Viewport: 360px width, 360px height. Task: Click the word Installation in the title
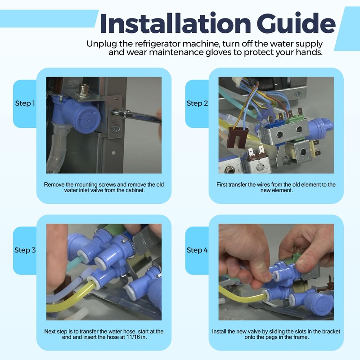tap(175, 24)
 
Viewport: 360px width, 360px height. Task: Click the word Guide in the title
tap(296, 24)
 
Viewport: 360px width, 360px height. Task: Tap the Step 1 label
tap(25, 103)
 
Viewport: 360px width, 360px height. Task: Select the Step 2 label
tap(197, 103)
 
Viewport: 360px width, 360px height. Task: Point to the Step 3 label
tap(25, 250)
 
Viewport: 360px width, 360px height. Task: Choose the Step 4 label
tap(197, 250)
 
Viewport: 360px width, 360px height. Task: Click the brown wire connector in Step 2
tap(238, 137)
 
